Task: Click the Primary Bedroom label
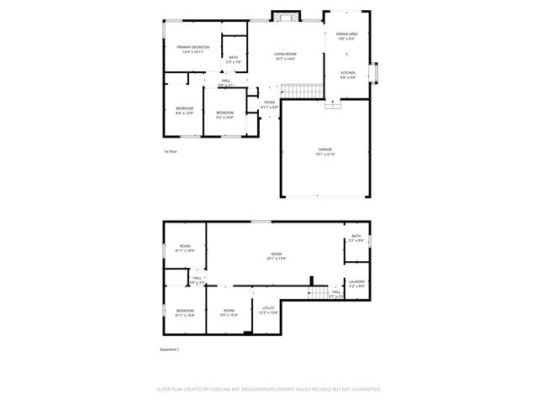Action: point(193,47)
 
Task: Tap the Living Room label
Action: point(285,54)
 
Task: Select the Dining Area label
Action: point(346,34)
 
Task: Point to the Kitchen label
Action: point(347,73)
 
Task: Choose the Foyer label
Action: point(269,102)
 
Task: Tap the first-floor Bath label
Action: point(233,57)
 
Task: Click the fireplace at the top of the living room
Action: point(284,16)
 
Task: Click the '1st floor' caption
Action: point(170,151)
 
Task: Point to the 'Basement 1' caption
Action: point(170,349)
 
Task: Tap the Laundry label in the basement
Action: point(356,282)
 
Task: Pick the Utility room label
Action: point(268,308)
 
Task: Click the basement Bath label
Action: point(356,236)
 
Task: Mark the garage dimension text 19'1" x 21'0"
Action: point(325,154)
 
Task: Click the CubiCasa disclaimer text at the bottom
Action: point(269,389)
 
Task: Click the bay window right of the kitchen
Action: point(375,74)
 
